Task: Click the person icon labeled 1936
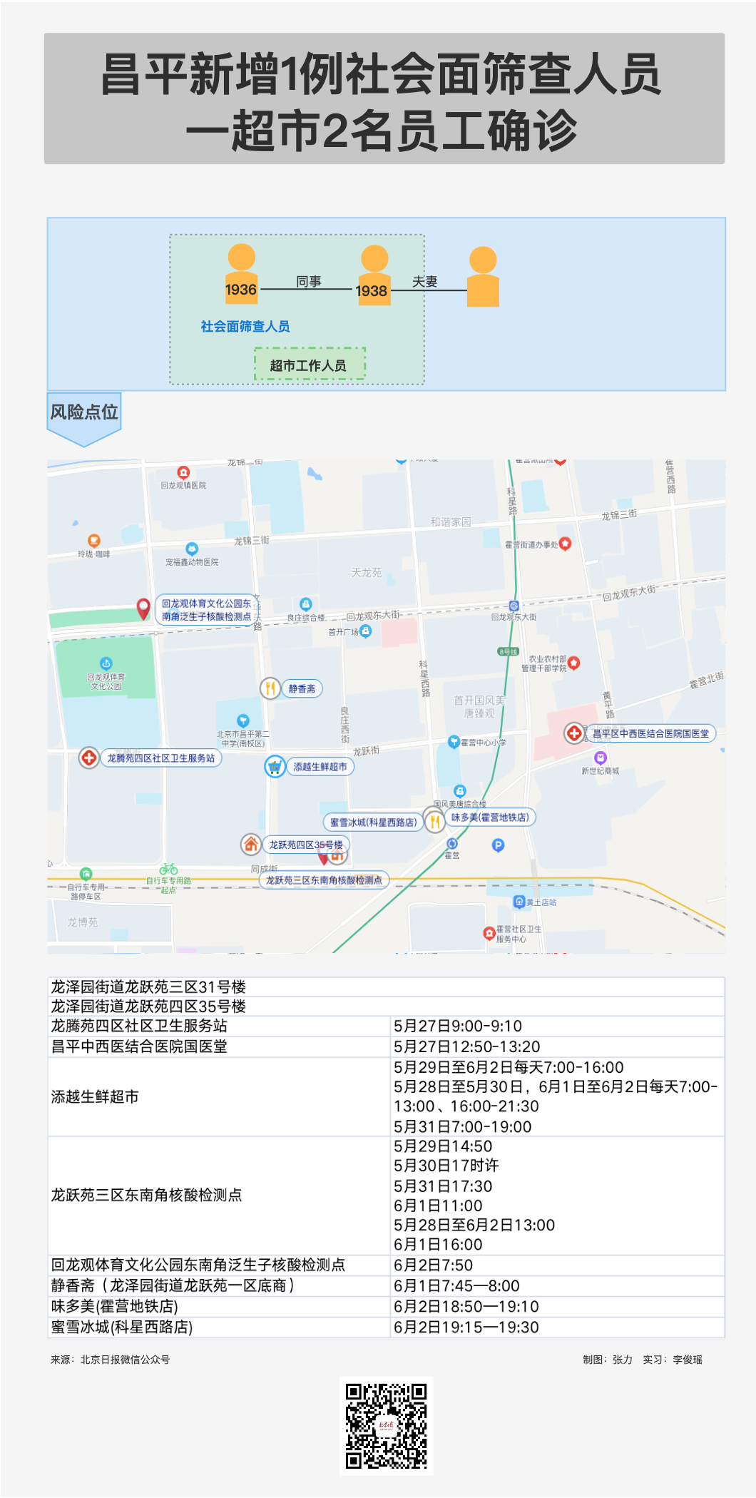click(241, 275)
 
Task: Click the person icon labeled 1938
click(374, 276)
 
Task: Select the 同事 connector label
click(309, 282)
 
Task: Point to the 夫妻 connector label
click(424, 282)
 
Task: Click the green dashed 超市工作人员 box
click(310, 365)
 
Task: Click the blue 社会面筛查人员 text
click(245, 327)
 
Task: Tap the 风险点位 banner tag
click(84, 413)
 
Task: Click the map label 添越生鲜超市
click(320, 767)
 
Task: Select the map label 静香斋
click(302, 689)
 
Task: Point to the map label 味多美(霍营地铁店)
click(490, 817)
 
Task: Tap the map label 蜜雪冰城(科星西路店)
click(372, 822)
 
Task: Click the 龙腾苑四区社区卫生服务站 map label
click(160, 758)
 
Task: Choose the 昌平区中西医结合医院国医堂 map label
click(650, 733)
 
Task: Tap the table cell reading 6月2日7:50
click(433, 1265)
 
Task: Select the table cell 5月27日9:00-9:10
click(457, 1026)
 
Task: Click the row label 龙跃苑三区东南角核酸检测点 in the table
click(146, 1195)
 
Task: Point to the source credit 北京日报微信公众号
click(125, 1360)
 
